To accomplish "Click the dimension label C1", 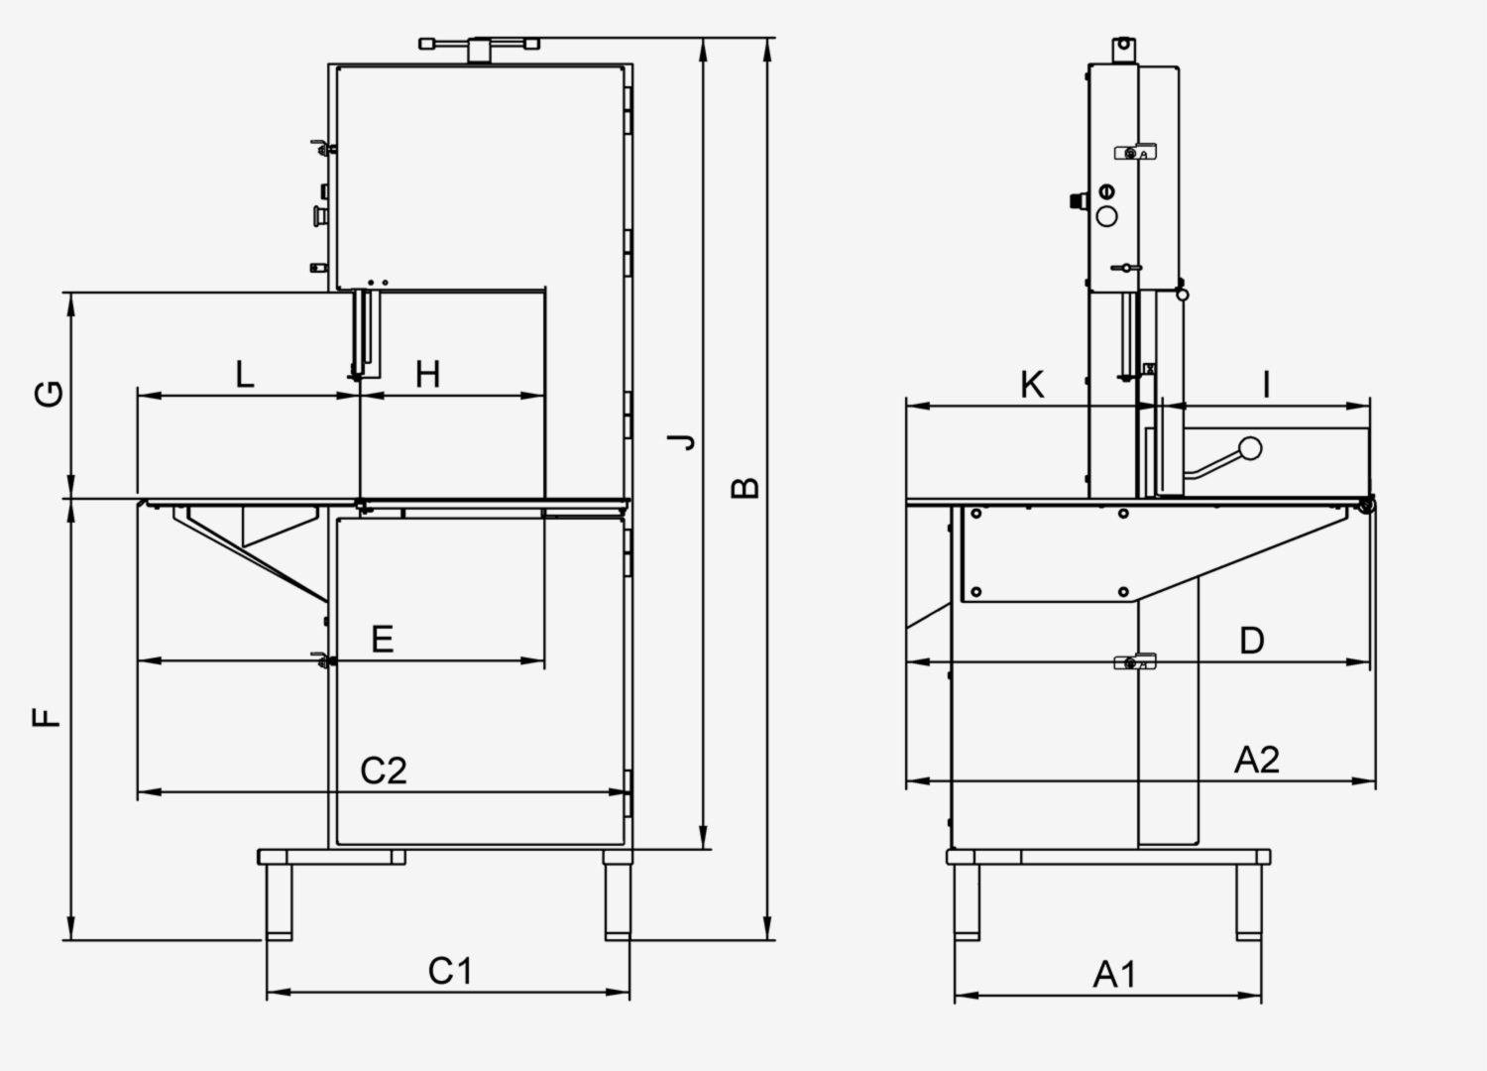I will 450,971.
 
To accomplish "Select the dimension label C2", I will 383,771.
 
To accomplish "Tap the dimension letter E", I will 383,640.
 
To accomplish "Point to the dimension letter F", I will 47,716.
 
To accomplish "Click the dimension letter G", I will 50,394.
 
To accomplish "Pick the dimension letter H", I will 427,375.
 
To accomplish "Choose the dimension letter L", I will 245,375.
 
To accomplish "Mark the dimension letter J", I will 682,441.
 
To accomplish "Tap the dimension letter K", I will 1032,385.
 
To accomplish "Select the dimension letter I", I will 1266,385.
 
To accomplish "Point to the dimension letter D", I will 1252,641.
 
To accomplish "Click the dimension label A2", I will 1256,760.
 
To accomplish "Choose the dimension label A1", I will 1114,975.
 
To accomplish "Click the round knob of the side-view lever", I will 1250,448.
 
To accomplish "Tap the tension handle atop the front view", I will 480,46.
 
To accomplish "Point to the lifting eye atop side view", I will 1123,47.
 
